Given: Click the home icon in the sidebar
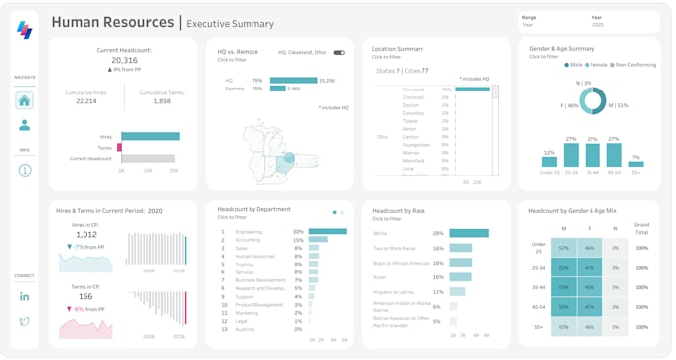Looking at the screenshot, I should [24, 100].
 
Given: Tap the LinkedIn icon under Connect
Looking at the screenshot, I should [24, 296].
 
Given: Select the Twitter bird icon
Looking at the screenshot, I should [24, 321].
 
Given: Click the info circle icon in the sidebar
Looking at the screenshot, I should [24, 170].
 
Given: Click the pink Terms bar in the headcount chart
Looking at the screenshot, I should [119, 147].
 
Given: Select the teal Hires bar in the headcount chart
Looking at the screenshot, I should [149, 136].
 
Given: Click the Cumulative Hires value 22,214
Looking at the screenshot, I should [86, 101].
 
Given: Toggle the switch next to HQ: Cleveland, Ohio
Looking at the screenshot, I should [339, 52].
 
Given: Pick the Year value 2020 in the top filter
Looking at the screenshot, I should [598, 24].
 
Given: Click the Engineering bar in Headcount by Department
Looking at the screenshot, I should [327, 231].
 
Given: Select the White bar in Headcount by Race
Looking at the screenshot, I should [469, 233].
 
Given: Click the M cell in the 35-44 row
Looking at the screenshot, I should [563, 287].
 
